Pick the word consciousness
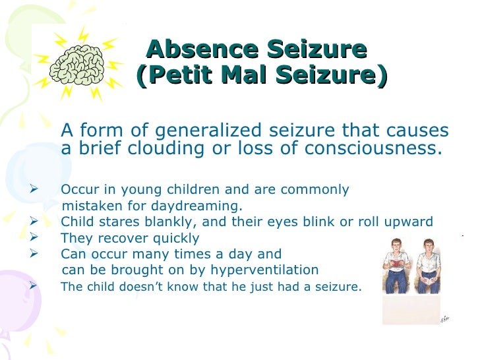tap(373, 148)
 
